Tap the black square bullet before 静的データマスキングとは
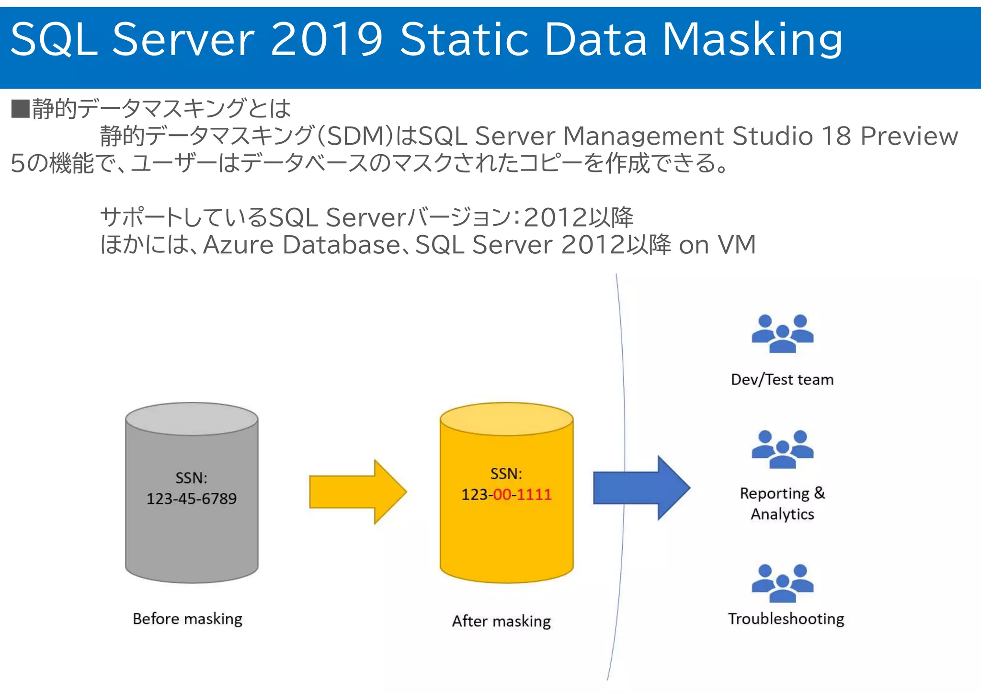(x=20, y=109)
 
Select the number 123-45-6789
(x=192, y=499)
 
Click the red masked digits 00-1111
(x=523, y=494)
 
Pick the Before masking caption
(x=187, y=619)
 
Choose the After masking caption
(x=502, y=621)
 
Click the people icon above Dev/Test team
(x=782, y=334)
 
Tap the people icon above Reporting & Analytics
(x=782, y=449)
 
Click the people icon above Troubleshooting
(x=782, y=583)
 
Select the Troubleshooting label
(x=786, y=619)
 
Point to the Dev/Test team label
(x=782, y=379)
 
